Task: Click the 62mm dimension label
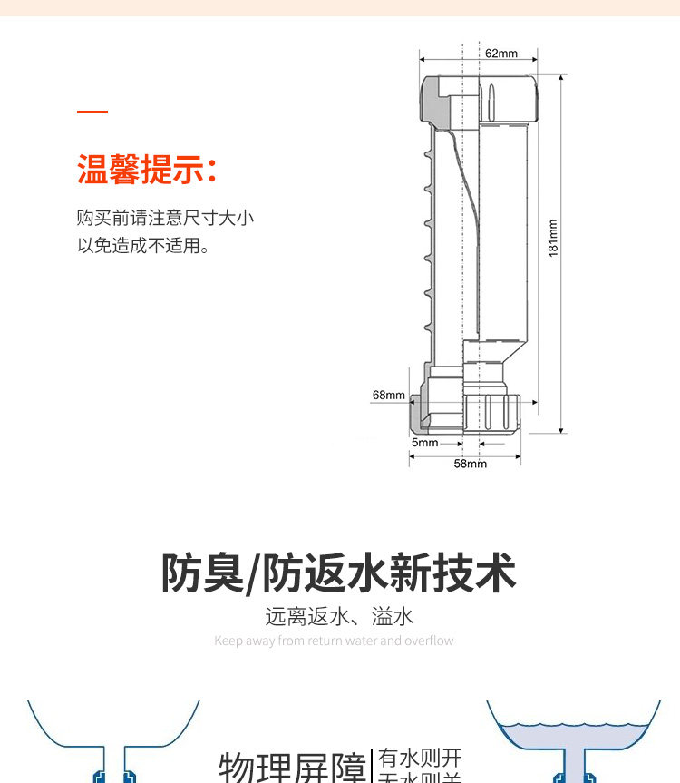500,54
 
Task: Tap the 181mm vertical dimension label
553,238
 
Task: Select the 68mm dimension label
388,395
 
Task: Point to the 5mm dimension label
424,443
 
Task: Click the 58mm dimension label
470,464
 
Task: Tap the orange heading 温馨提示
147,170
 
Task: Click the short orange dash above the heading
92,113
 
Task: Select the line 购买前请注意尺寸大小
165,218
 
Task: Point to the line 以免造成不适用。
143,245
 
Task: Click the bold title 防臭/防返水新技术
339,573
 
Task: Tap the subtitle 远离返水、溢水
339,617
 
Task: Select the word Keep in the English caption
228,641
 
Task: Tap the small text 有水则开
421,758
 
